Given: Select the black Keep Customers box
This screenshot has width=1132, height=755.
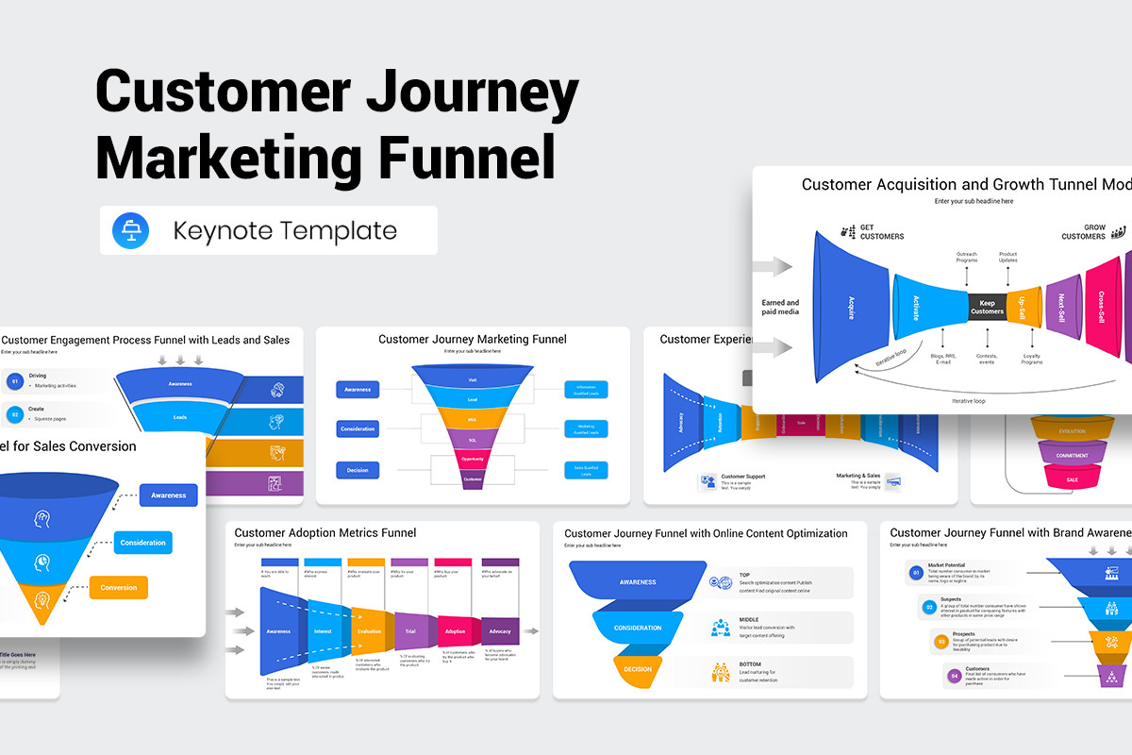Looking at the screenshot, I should coord(987,307).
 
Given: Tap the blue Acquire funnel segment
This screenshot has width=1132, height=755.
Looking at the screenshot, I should coord(852,308).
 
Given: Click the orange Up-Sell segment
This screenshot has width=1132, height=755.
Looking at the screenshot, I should coord(1023,307).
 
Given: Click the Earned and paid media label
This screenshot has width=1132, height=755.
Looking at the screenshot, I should coord(780,308).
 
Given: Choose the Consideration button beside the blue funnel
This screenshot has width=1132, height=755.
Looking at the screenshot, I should coord(142,543).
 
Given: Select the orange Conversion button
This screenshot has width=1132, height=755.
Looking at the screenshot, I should coord(118,588).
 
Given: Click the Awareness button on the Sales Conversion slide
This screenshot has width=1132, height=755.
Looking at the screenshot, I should coord(168,495).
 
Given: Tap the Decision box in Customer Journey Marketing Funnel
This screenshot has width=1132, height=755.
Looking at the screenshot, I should coord(358,469).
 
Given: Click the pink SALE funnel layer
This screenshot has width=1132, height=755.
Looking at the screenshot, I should coord(1072,479).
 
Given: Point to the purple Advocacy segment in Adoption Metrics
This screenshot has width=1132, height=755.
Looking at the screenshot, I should coord(499,631).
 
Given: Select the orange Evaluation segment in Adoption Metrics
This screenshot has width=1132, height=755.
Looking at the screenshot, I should coord(369,631).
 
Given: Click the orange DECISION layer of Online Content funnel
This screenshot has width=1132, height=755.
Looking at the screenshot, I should coord(638,669).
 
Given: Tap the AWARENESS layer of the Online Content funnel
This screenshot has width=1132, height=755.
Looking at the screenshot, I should coord(638,582).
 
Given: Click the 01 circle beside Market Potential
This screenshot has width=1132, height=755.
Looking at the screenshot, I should coord(915,572).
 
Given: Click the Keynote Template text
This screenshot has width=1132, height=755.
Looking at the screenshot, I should coord(285,231).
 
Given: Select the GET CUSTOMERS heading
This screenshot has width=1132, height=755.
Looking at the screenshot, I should coord(881,231).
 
